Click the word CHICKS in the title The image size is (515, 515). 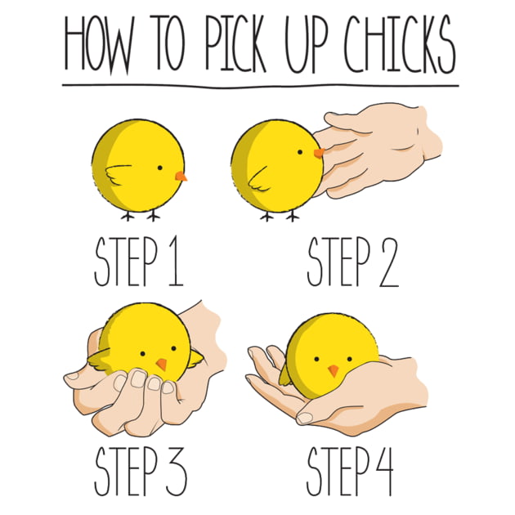[x=400, y=44]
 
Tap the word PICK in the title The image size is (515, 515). [x=235, y=43]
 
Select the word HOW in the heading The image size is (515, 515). [x=99, y=44]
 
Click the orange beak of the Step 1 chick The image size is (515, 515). [x=181, y=177]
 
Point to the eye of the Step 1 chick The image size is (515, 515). [x=160, y=168]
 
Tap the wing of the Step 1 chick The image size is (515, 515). [x=119, y=174]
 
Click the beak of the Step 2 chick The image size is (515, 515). [x=319, y=153]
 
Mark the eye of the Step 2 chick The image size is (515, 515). [x=300, y=152]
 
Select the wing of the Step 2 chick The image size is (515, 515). [x=259, y=179]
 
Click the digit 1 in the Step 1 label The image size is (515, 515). [x=177, y=261]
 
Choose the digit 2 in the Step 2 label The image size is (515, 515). [x=389, y=262]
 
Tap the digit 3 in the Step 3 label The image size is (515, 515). [x=176, y=471]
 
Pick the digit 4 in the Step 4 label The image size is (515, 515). [x=383, y=471]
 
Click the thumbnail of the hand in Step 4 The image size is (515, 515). [x=304, y=418]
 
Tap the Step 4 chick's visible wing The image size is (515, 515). [x=285, y=375]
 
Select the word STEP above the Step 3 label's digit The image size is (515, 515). [x=126, y=471]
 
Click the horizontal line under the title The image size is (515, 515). [x=261, y=86]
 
